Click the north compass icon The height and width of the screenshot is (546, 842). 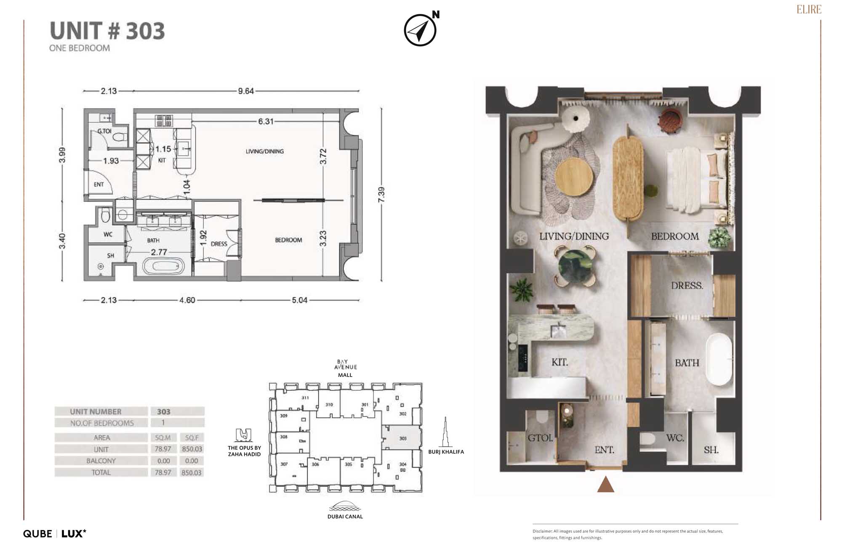point(420,30)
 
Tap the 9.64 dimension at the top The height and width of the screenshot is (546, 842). point(246,91)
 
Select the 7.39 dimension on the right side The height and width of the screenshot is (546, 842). point(381,194)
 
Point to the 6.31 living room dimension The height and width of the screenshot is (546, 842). point(266,122)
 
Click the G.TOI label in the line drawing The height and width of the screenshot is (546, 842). point(104,131)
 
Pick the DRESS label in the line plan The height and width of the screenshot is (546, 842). point(219,244)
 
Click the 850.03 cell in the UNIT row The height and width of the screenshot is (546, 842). point(192,449)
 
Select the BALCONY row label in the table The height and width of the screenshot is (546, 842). point(101,461)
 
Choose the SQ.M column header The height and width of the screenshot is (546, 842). point(163,437)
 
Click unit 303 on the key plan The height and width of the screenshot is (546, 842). point(402,438)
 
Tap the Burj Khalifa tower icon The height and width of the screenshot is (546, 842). point(445,432)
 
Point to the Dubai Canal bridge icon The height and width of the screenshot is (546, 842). point(345,506)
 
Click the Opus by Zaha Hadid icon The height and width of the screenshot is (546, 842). point(244,435)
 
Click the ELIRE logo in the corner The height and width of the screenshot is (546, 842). point(809,9)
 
